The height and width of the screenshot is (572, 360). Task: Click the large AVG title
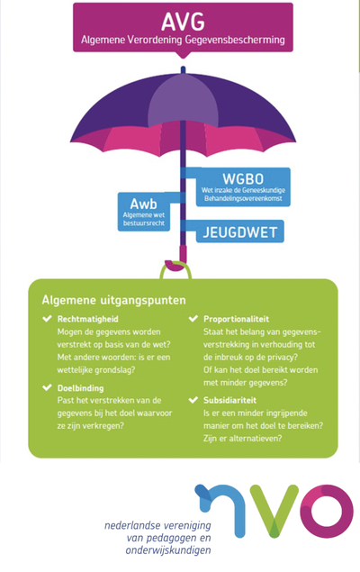183,22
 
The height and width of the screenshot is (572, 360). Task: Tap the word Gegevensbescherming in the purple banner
235,40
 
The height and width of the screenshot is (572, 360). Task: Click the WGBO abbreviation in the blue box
243,178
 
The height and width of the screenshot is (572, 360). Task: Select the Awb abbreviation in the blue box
144,204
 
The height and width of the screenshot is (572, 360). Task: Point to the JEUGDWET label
240,232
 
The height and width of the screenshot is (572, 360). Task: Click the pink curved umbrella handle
176,259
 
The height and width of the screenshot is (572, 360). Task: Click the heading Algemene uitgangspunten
113,300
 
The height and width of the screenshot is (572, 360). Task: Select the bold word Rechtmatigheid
88,319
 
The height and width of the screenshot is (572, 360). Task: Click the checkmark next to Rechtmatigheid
47,319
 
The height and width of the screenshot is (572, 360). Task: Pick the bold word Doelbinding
80,388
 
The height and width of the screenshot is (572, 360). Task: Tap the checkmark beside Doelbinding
47,387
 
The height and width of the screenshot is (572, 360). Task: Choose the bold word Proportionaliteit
236,319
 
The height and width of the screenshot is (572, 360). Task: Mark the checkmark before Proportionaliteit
193,319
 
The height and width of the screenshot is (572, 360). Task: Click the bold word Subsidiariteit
229,400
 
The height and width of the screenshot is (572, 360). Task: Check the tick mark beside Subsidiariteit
193,400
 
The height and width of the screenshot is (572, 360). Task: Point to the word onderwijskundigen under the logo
168,550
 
